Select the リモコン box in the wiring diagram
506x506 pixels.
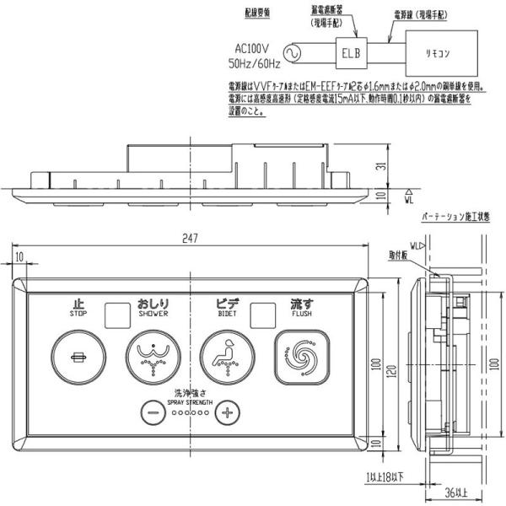click(444, 52)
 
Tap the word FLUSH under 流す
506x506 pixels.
click(302, 312)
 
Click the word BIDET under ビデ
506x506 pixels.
click(227, 312)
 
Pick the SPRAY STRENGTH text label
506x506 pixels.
click(189, 401)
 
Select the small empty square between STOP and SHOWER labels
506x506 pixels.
click(114, 314)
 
